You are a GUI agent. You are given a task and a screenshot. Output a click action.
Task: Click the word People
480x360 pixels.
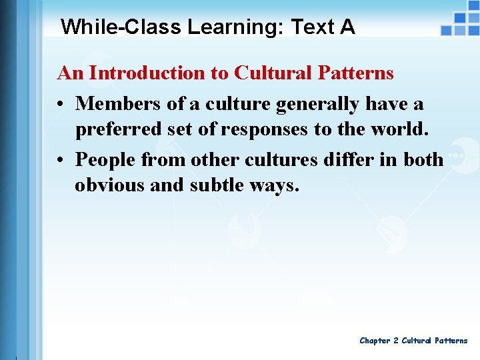tap(104, 160)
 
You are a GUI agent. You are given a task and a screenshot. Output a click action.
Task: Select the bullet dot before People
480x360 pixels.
tap(61, 161)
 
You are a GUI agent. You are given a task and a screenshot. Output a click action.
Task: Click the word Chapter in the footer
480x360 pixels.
tap(375, 341)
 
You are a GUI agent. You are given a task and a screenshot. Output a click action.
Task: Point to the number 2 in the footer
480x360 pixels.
tap(395, 341)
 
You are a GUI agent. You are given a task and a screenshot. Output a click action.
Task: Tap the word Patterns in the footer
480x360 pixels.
tap(452, 341)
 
